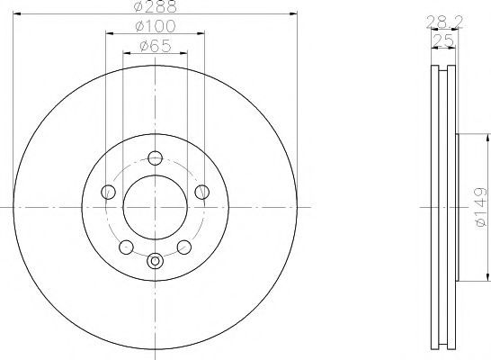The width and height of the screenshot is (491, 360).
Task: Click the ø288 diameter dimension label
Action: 155,6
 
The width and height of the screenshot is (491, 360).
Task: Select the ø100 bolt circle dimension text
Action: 156,26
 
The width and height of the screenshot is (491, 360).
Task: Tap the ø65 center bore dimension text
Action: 156,46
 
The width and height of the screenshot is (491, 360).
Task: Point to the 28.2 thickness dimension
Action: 444,22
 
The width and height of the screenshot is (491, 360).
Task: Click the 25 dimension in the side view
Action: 443,40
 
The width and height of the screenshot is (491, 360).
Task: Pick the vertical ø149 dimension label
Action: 481,207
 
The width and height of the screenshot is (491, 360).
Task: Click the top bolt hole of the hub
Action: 155,157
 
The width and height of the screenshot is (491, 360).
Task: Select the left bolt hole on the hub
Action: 108,192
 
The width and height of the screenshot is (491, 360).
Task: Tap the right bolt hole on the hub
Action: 201,192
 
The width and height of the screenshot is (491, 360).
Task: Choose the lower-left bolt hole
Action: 126,247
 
